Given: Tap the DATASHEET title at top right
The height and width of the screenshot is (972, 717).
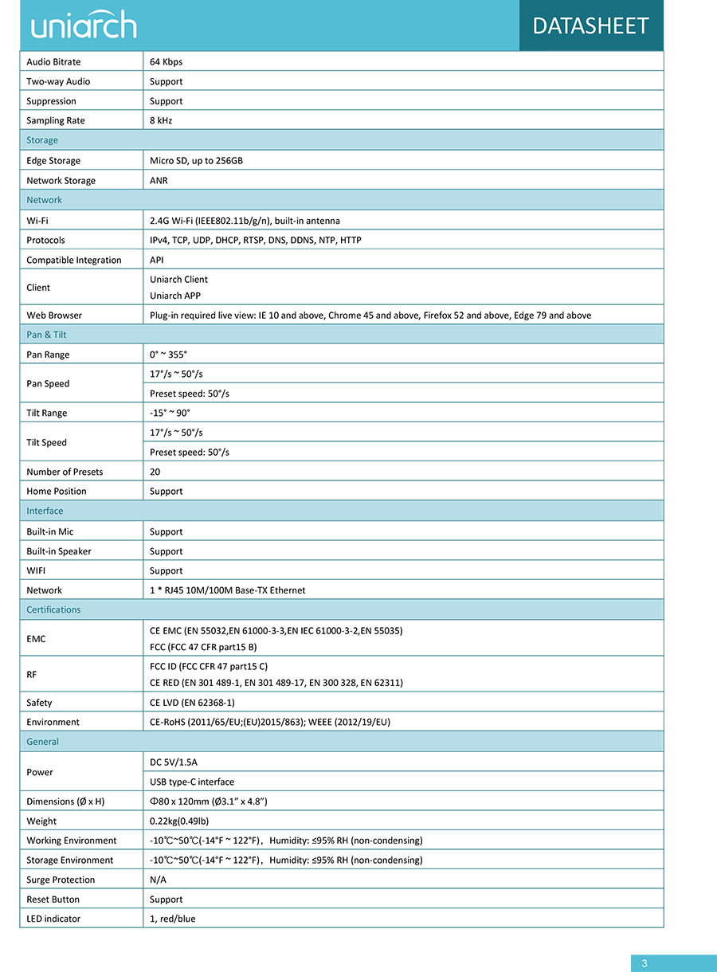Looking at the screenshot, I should point(590,25).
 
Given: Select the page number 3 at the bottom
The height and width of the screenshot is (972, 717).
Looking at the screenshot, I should point(645,963).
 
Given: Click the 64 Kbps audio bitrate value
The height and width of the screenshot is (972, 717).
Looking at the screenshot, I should point(166,62).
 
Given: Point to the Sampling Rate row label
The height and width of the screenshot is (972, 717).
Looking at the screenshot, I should point(56,121).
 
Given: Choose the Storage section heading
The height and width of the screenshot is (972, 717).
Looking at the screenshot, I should point(42,140).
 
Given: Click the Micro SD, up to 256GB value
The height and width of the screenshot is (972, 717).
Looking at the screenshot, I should point(196,161).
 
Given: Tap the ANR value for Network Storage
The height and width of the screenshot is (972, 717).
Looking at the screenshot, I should point(159,181).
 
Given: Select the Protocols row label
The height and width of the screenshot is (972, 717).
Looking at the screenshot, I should point(45,241).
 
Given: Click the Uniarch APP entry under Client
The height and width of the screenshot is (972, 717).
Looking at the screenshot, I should point(175,296).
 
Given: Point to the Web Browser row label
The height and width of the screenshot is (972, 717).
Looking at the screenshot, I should point(54,316).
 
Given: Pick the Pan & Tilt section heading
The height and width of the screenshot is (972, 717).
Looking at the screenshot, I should point(46,335).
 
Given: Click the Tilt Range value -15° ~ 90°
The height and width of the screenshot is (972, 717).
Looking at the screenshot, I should point(170,413).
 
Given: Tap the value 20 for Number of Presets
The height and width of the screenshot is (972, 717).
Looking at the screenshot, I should point(155,472).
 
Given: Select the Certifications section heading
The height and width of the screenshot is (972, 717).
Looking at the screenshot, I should point(53,610).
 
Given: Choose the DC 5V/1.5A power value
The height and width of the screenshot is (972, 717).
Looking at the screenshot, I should point(174,762).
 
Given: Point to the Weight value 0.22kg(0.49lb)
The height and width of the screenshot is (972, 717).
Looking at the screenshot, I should point(179,821).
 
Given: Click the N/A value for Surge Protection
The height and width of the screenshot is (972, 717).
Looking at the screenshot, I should point(158,880).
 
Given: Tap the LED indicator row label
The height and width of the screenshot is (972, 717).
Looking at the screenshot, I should point(53,919).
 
